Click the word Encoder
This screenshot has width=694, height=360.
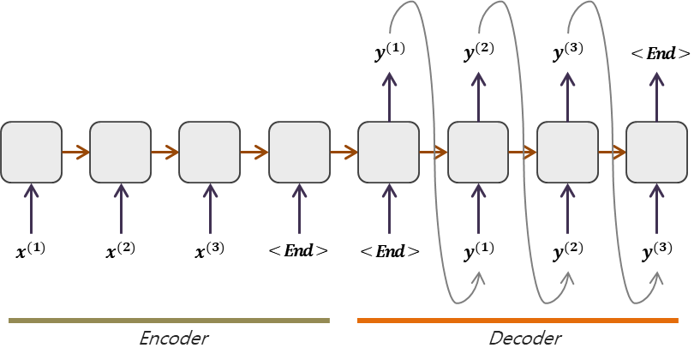click(x=173, y=339)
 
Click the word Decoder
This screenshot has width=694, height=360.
click(x=525, y=339)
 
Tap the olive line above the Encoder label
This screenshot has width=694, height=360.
click(x=169, y=321)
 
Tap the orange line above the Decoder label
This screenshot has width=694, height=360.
click(x=518, y=321)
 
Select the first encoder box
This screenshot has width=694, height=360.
click(x=31, y=153)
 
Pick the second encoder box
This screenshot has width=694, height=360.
click(x=120, y=153)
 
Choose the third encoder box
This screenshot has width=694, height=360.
click(x=209, y=153)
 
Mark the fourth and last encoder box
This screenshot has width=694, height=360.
click(x=299, y=153)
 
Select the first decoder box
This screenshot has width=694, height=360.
click(x=388, y=153)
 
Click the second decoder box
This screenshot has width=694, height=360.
click(x=478, y=153)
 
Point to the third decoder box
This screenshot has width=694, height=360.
click(x=567, y=153)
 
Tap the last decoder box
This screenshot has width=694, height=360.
click(x=656, y=153)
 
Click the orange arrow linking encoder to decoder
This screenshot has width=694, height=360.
click(x=344, y=153)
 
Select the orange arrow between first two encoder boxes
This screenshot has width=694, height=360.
click(x=75, y=153)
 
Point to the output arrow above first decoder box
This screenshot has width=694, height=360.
click(x=389, y=96)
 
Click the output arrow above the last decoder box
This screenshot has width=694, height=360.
click(x=656, y=96)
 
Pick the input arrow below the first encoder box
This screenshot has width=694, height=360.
click(x=31, y=208)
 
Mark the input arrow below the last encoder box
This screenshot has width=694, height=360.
click(x=299, y=208)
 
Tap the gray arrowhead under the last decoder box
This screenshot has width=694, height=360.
click(x=657, y=278)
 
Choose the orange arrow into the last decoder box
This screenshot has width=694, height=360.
click(x=612, y=153)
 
